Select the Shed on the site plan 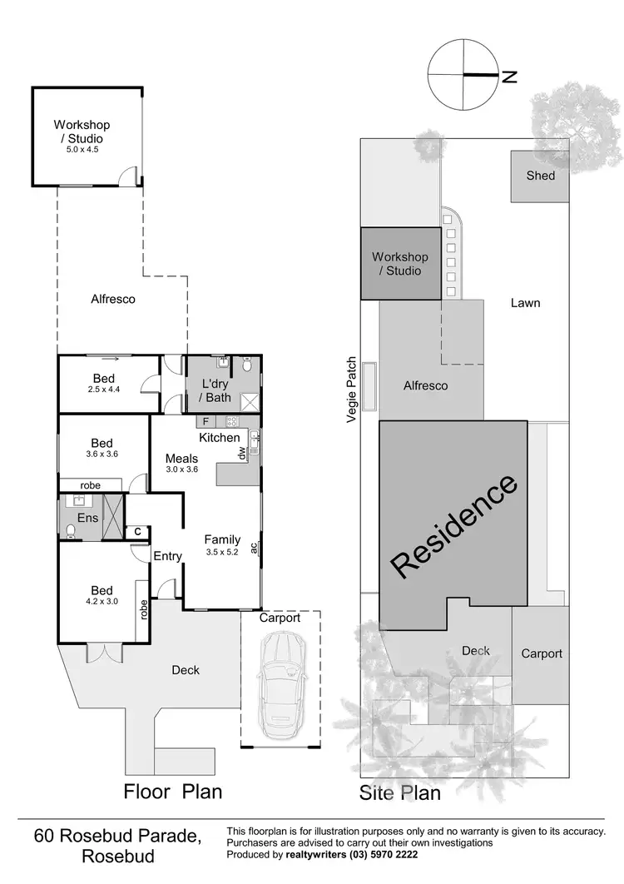coord(540,176)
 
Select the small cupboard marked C coord(136,532)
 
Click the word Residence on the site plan coord(454,526)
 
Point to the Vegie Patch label coord(352,390)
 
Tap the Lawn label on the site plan coord(525,303)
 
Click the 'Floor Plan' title coord(173,790)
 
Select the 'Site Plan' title coord(399,792)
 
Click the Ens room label coord(87,518)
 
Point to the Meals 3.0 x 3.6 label coord(181,464)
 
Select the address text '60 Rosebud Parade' coord(117,835)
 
